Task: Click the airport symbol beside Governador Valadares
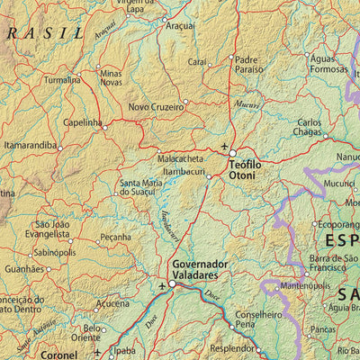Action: [162, 287]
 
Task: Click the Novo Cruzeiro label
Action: [156, 106]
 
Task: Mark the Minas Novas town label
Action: [111, 77]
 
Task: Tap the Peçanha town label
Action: [115, 238]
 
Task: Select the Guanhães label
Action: [23, 269]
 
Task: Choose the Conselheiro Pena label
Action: [258, 319]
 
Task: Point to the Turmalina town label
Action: [62, 79]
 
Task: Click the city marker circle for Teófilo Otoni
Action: [231, 153]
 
